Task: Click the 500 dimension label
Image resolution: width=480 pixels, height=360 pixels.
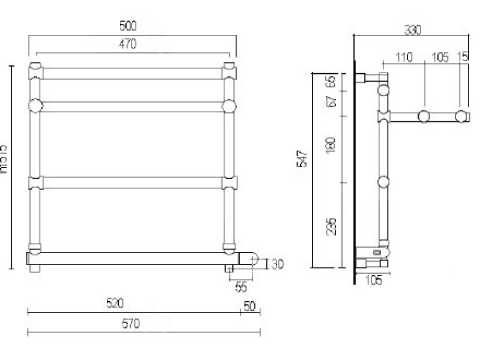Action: pyautogui.click(x=128, y=26)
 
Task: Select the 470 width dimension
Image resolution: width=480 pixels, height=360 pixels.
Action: pyautogui.click(x=128, y=44)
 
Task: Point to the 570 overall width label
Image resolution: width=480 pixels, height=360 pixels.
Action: pyautogui.click(x=130, y=324)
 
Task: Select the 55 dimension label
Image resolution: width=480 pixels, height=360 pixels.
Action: pyautogui.click(x=241, y=287)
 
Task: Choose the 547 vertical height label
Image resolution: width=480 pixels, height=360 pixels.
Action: pyautogui.click(x=303, y=158)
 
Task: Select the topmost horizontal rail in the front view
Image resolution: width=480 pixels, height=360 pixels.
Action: pyautogui.click(x=133, y=73)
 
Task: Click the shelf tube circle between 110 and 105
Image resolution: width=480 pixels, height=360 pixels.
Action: pyautogui.click(x=425, y=116)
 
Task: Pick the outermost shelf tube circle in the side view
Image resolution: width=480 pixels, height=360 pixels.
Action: pyautogui.click(x=461, y=116)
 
